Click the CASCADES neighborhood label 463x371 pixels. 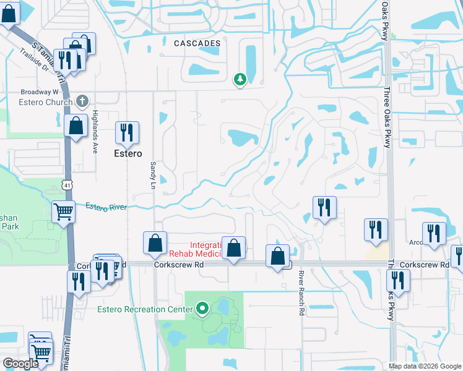pos(197,44)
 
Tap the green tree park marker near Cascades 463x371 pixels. pos(240,80)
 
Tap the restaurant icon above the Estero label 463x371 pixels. pos(126,132)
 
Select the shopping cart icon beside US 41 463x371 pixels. pos(64,212)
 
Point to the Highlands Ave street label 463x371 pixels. pos(95,127)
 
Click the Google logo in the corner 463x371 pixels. pos(20,364)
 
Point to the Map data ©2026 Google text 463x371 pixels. pos(424,366)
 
